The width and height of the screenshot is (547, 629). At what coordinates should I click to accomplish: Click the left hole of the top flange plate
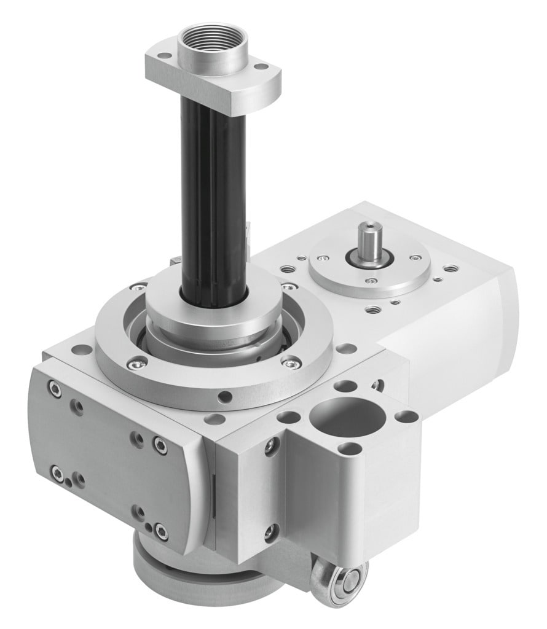164,56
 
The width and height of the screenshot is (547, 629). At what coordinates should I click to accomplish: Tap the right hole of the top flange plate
261,66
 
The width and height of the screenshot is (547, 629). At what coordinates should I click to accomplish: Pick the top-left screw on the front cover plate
56,388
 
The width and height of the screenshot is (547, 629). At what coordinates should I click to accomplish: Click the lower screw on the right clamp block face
270,533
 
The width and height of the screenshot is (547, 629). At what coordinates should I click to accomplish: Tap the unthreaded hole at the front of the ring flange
224,397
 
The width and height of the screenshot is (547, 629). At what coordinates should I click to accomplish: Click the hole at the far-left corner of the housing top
79,350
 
